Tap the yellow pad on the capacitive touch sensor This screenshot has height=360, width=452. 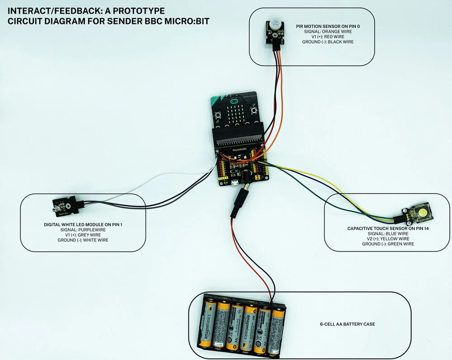[423, 212]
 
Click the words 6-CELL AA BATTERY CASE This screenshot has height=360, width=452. [347, 324]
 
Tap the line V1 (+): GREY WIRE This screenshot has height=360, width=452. [83, 235]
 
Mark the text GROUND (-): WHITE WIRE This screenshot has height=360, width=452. [83, 240]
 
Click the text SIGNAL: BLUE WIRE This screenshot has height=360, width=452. [388, 234]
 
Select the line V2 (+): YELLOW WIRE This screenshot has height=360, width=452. [388, 239]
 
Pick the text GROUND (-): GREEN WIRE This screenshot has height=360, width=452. [388, 244]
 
